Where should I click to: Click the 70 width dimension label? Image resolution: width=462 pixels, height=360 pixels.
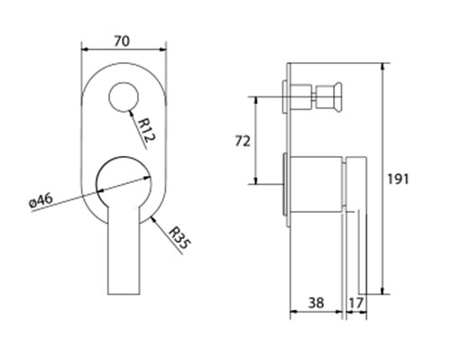pyautogui.click(x=122, y=42)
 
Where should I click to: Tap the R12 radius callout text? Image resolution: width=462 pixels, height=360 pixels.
pyautogui.click(x=147, y=130)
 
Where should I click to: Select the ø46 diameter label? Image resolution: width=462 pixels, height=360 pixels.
pyautogui.click(x=42, y=200)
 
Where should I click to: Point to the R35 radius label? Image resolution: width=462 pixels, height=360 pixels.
pyautogui.click(x=180, y=238)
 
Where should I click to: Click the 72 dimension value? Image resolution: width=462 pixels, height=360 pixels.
pyautogui.click(x=242, y=141)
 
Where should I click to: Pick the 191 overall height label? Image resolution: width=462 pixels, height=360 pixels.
pyautogui.click(x=398, y=180)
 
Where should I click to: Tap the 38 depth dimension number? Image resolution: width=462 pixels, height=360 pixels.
pyautogui.click(x=316, y=302)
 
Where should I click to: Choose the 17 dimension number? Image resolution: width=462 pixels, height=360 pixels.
pyautogui.click(x=356, y=303)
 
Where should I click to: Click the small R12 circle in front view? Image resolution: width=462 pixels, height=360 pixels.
pyautogui.click(x=124, y=97)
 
